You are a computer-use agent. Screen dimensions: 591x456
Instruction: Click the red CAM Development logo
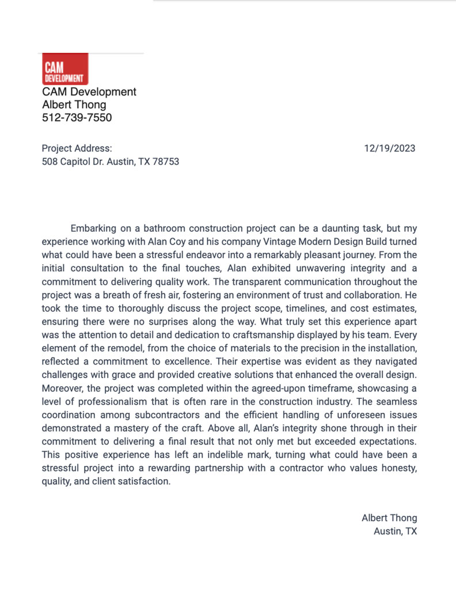[x=65, y=69]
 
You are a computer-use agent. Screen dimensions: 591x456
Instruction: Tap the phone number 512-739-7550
[x=77, y=118]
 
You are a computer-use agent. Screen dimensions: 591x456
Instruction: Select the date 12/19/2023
[x=390, y=148]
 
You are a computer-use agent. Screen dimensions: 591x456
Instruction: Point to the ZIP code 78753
[x=166, y=161]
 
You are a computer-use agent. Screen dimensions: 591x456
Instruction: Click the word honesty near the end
[x=397, y=468]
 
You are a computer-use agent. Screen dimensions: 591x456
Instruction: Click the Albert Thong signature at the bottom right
[x=389, y=518]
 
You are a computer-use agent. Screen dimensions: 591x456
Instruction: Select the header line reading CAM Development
[x=89, y=92]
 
